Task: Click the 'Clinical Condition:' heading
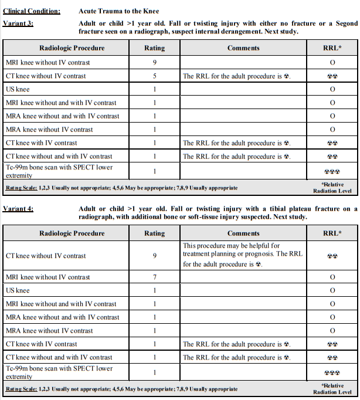(x=31, y=11)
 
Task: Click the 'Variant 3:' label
(x=18, y=23)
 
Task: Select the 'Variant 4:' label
(x=18, y=209)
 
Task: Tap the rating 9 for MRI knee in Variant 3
(x=155, y=62)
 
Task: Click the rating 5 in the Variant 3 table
(x=155, y=76)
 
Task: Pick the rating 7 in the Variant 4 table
(x=155, y=277)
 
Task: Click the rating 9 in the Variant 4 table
(x=155, y=256)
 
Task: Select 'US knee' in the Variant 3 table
(x=17, y=89)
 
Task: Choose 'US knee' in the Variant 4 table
(x=17, y=290)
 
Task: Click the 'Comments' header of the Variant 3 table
(x=243, y=48)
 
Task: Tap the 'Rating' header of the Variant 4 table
(x=155, y=233)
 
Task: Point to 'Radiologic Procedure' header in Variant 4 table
(x=72, y=233)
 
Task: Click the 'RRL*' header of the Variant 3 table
(x=331, y=48)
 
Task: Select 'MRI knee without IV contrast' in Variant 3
(x=47, y=62)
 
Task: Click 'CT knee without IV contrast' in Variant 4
(x=45, y=256)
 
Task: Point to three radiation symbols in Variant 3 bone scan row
(x=332, y=172)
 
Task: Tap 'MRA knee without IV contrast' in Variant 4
(x=49, y=331)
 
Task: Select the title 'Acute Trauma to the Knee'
(x=118, y=11)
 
